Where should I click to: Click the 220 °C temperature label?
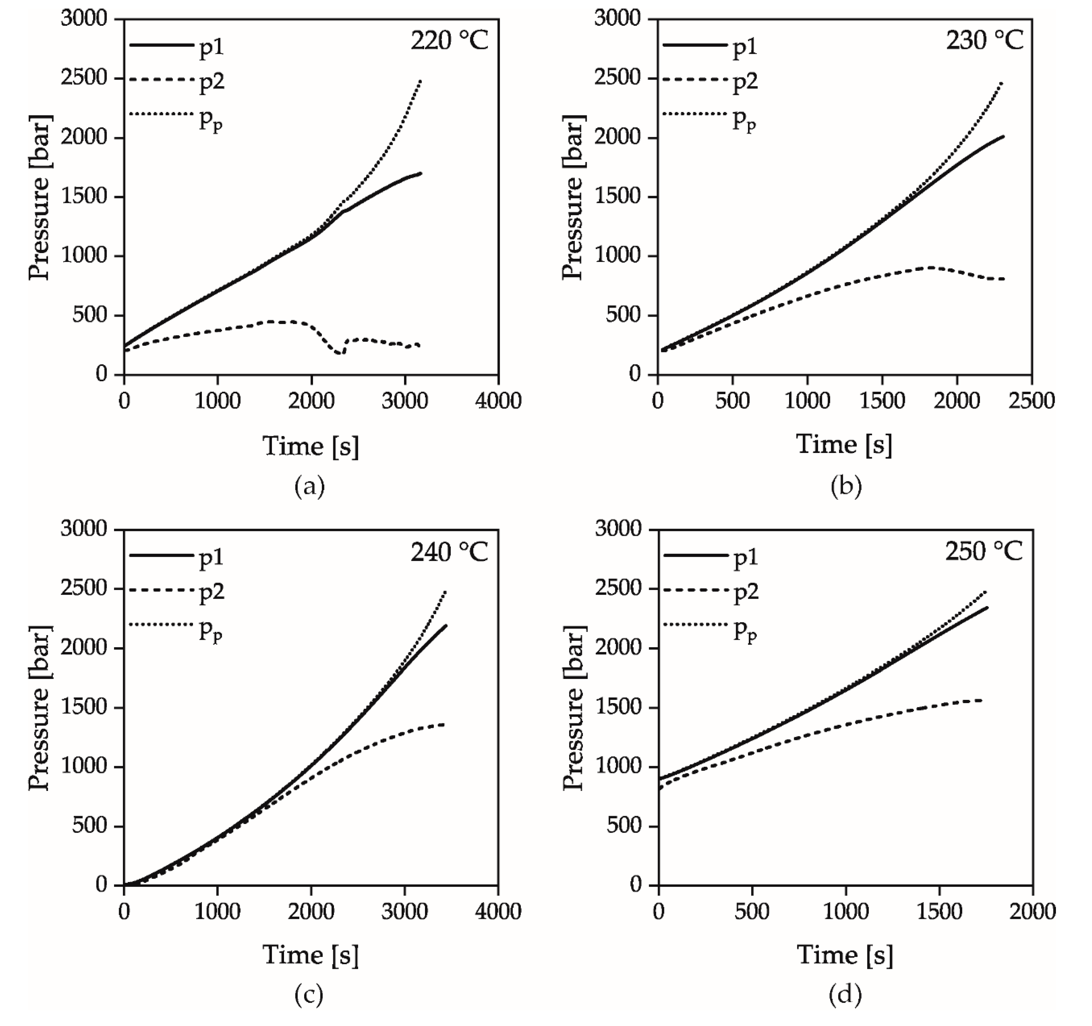coord(449,41)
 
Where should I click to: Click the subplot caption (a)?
coord(309,486)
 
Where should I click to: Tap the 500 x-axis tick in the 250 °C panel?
coord(752,911)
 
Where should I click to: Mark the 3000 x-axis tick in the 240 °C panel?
coord(405,911)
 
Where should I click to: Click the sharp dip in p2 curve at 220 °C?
coord(340,352)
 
